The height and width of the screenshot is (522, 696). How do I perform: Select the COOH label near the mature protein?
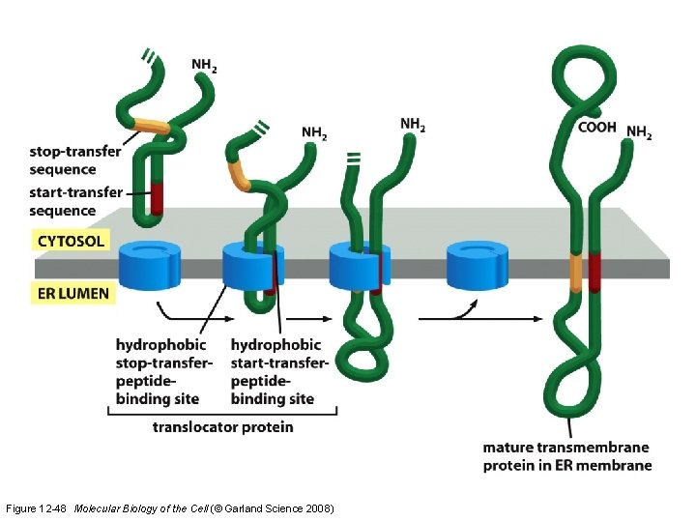coord(597,127)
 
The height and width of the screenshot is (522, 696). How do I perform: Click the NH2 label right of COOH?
coord(639,132)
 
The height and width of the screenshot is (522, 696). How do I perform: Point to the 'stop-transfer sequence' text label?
coord(75,160)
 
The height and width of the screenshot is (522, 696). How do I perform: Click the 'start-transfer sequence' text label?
coord(75,201)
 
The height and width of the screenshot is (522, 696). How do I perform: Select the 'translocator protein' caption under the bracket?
coord(223,426)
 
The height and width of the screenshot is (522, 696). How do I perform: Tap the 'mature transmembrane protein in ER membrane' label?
coord(566,456)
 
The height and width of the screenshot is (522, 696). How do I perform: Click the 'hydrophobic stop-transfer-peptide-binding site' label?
coord(163,371)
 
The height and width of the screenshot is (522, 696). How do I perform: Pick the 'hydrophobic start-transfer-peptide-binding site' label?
coord(279,371)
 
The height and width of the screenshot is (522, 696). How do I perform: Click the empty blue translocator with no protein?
coord(478,264)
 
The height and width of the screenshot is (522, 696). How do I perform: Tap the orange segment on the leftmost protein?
coord(149,125)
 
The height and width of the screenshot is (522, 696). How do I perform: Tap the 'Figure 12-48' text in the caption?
coord(37,508)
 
